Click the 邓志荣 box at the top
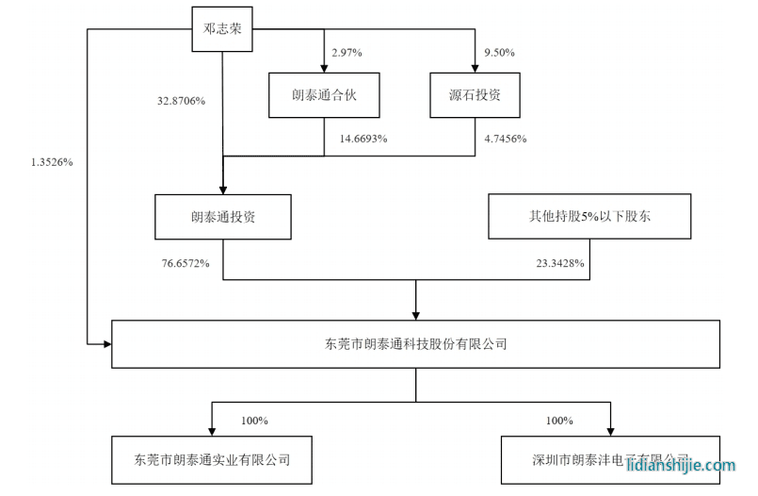pos(223,28)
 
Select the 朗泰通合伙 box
pos(323,95)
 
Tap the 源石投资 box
pos(476,95)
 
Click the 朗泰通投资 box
pos(223,216)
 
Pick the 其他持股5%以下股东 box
pos(589,216)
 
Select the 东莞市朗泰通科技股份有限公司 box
pos(415,344)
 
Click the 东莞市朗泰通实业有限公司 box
pos(212,460)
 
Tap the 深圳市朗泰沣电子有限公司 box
pos(610,460)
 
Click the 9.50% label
pos(498,53)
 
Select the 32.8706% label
pos(183,99)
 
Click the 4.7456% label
pos(505,139)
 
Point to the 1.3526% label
pos(52,161)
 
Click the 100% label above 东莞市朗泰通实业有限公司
pos(255,420)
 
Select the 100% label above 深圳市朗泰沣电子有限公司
pos(559,420)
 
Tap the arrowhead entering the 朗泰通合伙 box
pos(323,68)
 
